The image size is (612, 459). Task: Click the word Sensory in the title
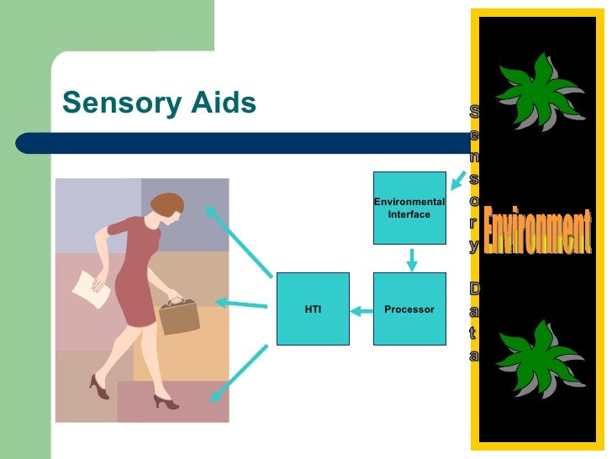117,103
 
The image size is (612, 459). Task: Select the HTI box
313,309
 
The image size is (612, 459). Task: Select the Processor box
409,309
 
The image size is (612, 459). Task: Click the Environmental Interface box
409,208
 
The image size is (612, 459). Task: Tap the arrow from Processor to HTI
361,311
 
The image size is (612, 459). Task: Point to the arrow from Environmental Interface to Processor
411,259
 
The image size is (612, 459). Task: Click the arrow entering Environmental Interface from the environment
457,180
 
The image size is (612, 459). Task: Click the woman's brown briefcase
179,316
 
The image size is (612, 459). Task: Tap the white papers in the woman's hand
91,288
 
